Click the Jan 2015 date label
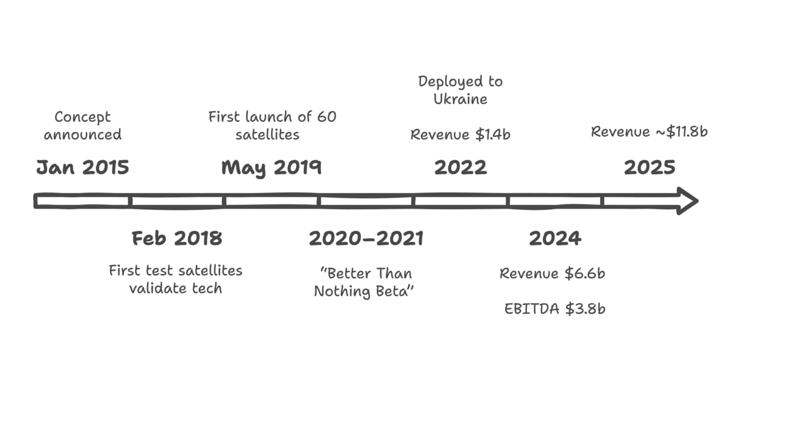83,167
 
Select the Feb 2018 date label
177,239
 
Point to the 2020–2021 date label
366,239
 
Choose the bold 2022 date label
460,167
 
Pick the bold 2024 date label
555,239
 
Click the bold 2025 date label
650,167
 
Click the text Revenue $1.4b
460,134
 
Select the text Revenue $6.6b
553,273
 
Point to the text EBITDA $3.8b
555,309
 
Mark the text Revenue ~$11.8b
650,132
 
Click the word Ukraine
460,99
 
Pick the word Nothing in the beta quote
343,292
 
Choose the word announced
83,135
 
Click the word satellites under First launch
267,135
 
